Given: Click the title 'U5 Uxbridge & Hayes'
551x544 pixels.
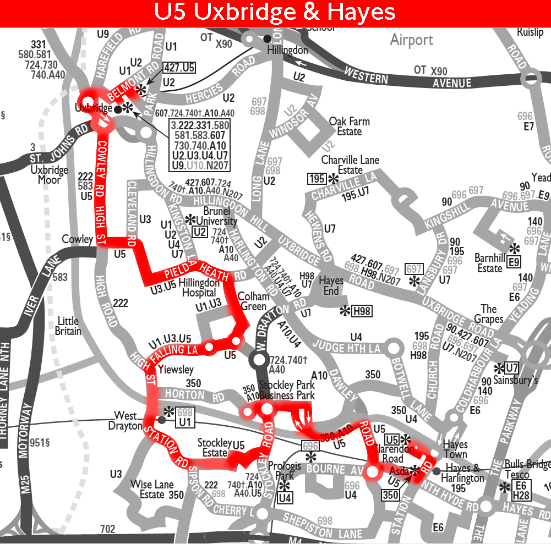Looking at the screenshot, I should (275, 13).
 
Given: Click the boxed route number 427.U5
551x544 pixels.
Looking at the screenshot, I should (179, 68).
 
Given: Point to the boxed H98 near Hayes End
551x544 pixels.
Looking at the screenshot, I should (362, 311).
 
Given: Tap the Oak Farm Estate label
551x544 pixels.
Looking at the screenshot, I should (349, 127).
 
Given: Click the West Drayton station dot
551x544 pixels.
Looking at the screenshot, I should (161, 420).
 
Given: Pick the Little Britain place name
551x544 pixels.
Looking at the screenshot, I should (68, 326).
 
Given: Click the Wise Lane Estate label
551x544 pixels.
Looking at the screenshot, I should (152, 490).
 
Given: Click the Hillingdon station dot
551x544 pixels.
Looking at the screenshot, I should (268, 39).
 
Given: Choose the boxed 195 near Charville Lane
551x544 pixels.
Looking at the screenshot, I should (318, 179).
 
